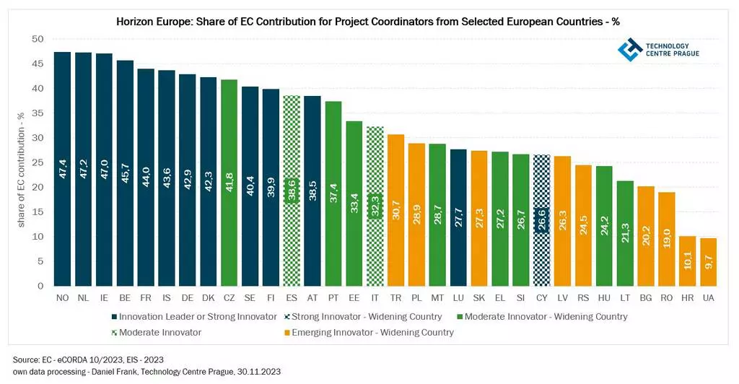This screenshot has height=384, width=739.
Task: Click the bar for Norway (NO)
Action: pyautogui.click(x=62, y=169)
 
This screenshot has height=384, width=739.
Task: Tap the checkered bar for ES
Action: pyautogui.click(x=292, y=191)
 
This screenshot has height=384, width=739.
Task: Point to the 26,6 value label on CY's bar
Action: pyautogui.click(x=542, y=220)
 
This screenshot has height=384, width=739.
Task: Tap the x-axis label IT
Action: pyautogui.click(x=375, y=297)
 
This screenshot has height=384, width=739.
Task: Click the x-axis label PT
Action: pyautogui.click(x=333, y=297)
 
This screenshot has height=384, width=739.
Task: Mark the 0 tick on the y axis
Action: pyautogui.click(x=41, y=286)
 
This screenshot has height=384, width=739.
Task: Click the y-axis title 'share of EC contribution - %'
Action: pyautogui.click(x=21, y=169)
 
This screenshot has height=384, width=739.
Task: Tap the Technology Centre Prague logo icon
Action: pyautogui.click(x=629, y=49)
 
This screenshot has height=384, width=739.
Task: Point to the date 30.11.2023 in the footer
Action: pyautogui.click(x=258, y=371)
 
